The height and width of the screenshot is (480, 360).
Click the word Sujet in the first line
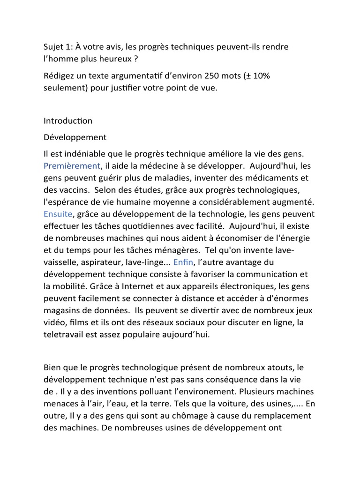click(x=53, y=47)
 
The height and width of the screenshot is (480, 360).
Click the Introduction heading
click(x=68, y=120)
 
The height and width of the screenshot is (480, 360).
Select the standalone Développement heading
click(x=75, y=137)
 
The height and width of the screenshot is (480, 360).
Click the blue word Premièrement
click(x=72, y=165)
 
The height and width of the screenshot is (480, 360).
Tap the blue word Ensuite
click(x=58, y=214)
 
